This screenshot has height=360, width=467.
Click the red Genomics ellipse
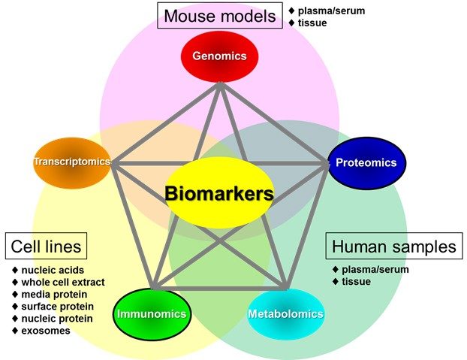coord(219,56)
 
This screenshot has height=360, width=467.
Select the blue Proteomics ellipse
coord(367,162)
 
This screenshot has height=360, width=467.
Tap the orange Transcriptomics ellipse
coord(72,162)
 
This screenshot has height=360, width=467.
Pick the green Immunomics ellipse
coord(151,313)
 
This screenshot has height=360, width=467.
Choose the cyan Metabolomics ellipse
coord(286,313)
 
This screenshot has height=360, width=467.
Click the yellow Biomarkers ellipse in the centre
coord(219,193)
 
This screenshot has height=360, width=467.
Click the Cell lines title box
coord(46,246)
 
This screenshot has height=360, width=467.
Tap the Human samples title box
coord(393,246)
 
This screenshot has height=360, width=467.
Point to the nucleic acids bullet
coord(48,270)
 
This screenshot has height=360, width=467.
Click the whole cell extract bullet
coord(58,282)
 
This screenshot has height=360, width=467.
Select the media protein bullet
coord(54,294)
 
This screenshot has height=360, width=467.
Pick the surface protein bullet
coord(57,306)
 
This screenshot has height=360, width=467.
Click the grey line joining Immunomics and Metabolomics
coord(219,286)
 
